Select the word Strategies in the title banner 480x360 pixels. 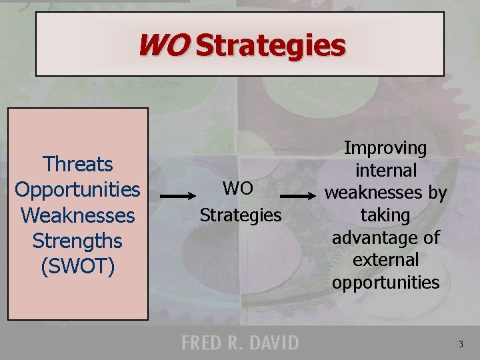coord(271,46)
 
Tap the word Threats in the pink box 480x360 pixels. coord(77,164)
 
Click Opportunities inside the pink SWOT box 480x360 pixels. coord(77,189)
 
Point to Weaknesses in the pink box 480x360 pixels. coord(77,215)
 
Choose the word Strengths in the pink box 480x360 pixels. coord(77,241)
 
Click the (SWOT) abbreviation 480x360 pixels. coord(77,266)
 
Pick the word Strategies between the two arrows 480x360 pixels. coord(241,215)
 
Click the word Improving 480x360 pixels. coord(385,148)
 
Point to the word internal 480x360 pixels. coord(385,171)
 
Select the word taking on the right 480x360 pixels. coord(385,215)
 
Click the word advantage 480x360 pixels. coord(367,237)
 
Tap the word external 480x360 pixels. coord(385,259)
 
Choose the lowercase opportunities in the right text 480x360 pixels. coord(385,282)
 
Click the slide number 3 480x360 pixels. coord(460,345)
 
